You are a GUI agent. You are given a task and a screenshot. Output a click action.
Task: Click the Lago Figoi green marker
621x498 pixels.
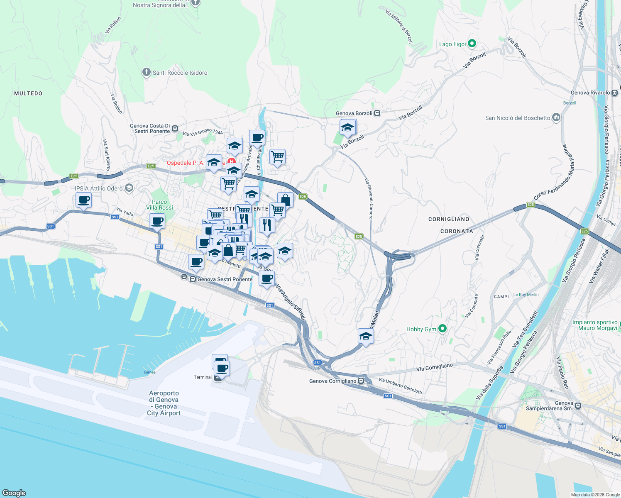click(472, 44)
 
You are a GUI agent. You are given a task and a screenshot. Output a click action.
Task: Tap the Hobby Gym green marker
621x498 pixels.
click(443, 329)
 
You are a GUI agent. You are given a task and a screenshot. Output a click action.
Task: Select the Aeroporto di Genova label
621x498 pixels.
click(164, 403)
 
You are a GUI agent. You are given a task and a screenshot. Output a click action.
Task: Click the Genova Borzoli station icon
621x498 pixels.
click(377, 113)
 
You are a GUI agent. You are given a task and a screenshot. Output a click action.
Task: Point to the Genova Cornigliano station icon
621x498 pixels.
click(361, 381)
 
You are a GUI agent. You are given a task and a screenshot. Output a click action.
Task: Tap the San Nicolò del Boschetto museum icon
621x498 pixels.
click(556, 118)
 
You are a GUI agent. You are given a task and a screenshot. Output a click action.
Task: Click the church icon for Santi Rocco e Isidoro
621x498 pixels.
click(146, 73)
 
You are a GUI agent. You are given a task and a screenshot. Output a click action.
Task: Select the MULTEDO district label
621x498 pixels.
click(28, 93)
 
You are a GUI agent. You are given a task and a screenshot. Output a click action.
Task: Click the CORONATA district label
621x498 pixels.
click(457, 231)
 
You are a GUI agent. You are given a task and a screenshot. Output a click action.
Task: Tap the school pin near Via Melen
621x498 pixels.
click(366, 336)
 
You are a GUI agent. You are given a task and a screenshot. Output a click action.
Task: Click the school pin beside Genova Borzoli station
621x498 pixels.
click(347, 127)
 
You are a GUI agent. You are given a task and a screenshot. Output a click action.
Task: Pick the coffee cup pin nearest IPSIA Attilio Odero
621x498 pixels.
click(83, 200)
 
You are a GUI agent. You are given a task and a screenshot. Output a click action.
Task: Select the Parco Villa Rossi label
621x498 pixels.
click(159, 205)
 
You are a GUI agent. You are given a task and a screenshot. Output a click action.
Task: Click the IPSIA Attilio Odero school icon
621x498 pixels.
click(129, 188)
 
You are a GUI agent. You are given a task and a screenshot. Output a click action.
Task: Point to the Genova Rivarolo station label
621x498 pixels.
click(590, 93)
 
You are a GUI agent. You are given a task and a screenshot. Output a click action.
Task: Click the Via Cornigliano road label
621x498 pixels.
click(434, 367)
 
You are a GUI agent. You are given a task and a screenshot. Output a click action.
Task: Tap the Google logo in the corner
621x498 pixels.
click(14, 493)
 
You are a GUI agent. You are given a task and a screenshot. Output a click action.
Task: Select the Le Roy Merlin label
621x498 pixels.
click(526, 295)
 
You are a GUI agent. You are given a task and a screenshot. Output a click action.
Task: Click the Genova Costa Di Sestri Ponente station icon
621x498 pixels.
click(175, 129)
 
